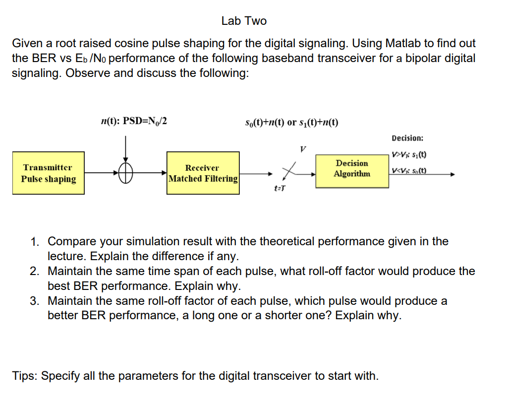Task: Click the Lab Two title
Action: click(244, 21)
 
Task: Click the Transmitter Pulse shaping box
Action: click(49, 173)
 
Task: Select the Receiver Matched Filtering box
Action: click(203, 173)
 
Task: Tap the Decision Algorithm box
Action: click(352, 169)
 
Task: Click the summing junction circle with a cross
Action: click(126, 173)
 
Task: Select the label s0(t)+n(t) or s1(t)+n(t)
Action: click(292, 123)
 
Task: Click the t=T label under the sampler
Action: click(280, 188)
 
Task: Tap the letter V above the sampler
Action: click(303, 148)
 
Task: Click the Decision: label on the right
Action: click(407, 138)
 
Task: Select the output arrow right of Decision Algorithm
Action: click(421, 175)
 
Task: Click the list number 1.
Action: click(34, 242)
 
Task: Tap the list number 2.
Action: click(34, 272)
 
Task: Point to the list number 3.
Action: click(34, 301)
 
